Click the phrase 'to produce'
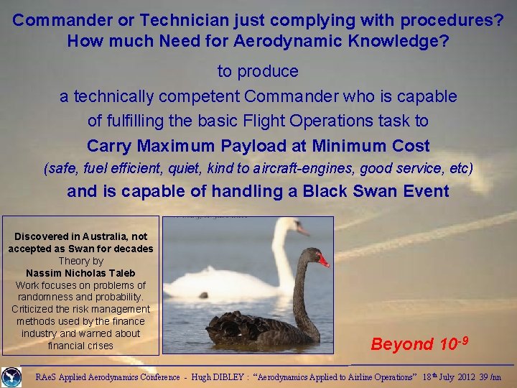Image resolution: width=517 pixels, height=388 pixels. click(x=258, y=71)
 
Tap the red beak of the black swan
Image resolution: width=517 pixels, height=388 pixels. click(x=323, y=259)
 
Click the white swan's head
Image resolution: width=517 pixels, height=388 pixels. click(x=294, y=226)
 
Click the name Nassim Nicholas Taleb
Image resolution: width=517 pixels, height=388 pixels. click(x=80, y=273)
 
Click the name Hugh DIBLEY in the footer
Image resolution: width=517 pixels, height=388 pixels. click(x=220, y=377)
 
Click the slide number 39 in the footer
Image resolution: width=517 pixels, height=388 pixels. click(x=485, y=377)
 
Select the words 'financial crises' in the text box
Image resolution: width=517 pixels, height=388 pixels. click(x=80, y=346)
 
